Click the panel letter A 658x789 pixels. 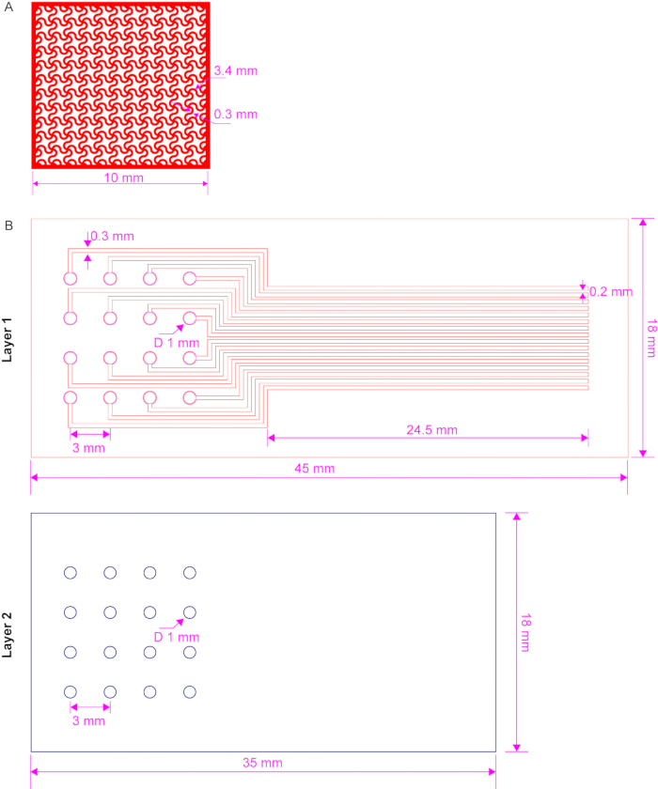(x=8, y=8)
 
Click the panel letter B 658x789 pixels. (x=8, y=225)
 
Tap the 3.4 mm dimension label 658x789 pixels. (x=236, y=71)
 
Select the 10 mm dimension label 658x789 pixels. (x=124, y=178)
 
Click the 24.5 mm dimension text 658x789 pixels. (x=432, y=430)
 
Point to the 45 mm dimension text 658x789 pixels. (x=315, y=469)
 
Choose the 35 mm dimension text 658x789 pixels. (x=263, y=763)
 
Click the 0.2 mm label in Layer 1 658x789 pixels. (x=611, y=292)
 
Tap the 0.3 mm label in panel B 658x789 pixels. (x=112, y=237)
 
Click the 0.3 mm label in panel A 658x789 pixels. (x=236, y=115)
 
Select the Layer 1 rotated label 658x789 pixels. (x=7, y=340)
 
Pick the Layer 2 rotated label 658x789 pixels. (x=7, y=635)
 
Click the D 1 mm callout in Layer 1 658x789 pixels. (x=177, y=343)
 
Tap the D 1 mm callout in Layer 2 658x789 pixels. (x=177, y=637)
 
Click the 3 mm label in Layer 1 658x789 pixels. (x=88, y=448)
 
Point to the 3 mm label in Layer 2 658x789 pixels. (x=88, y=720)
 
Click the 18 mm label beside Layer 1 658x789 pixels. (x=651, y=338)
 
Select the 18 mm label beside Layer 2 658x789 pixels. (x=525, y=632)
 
